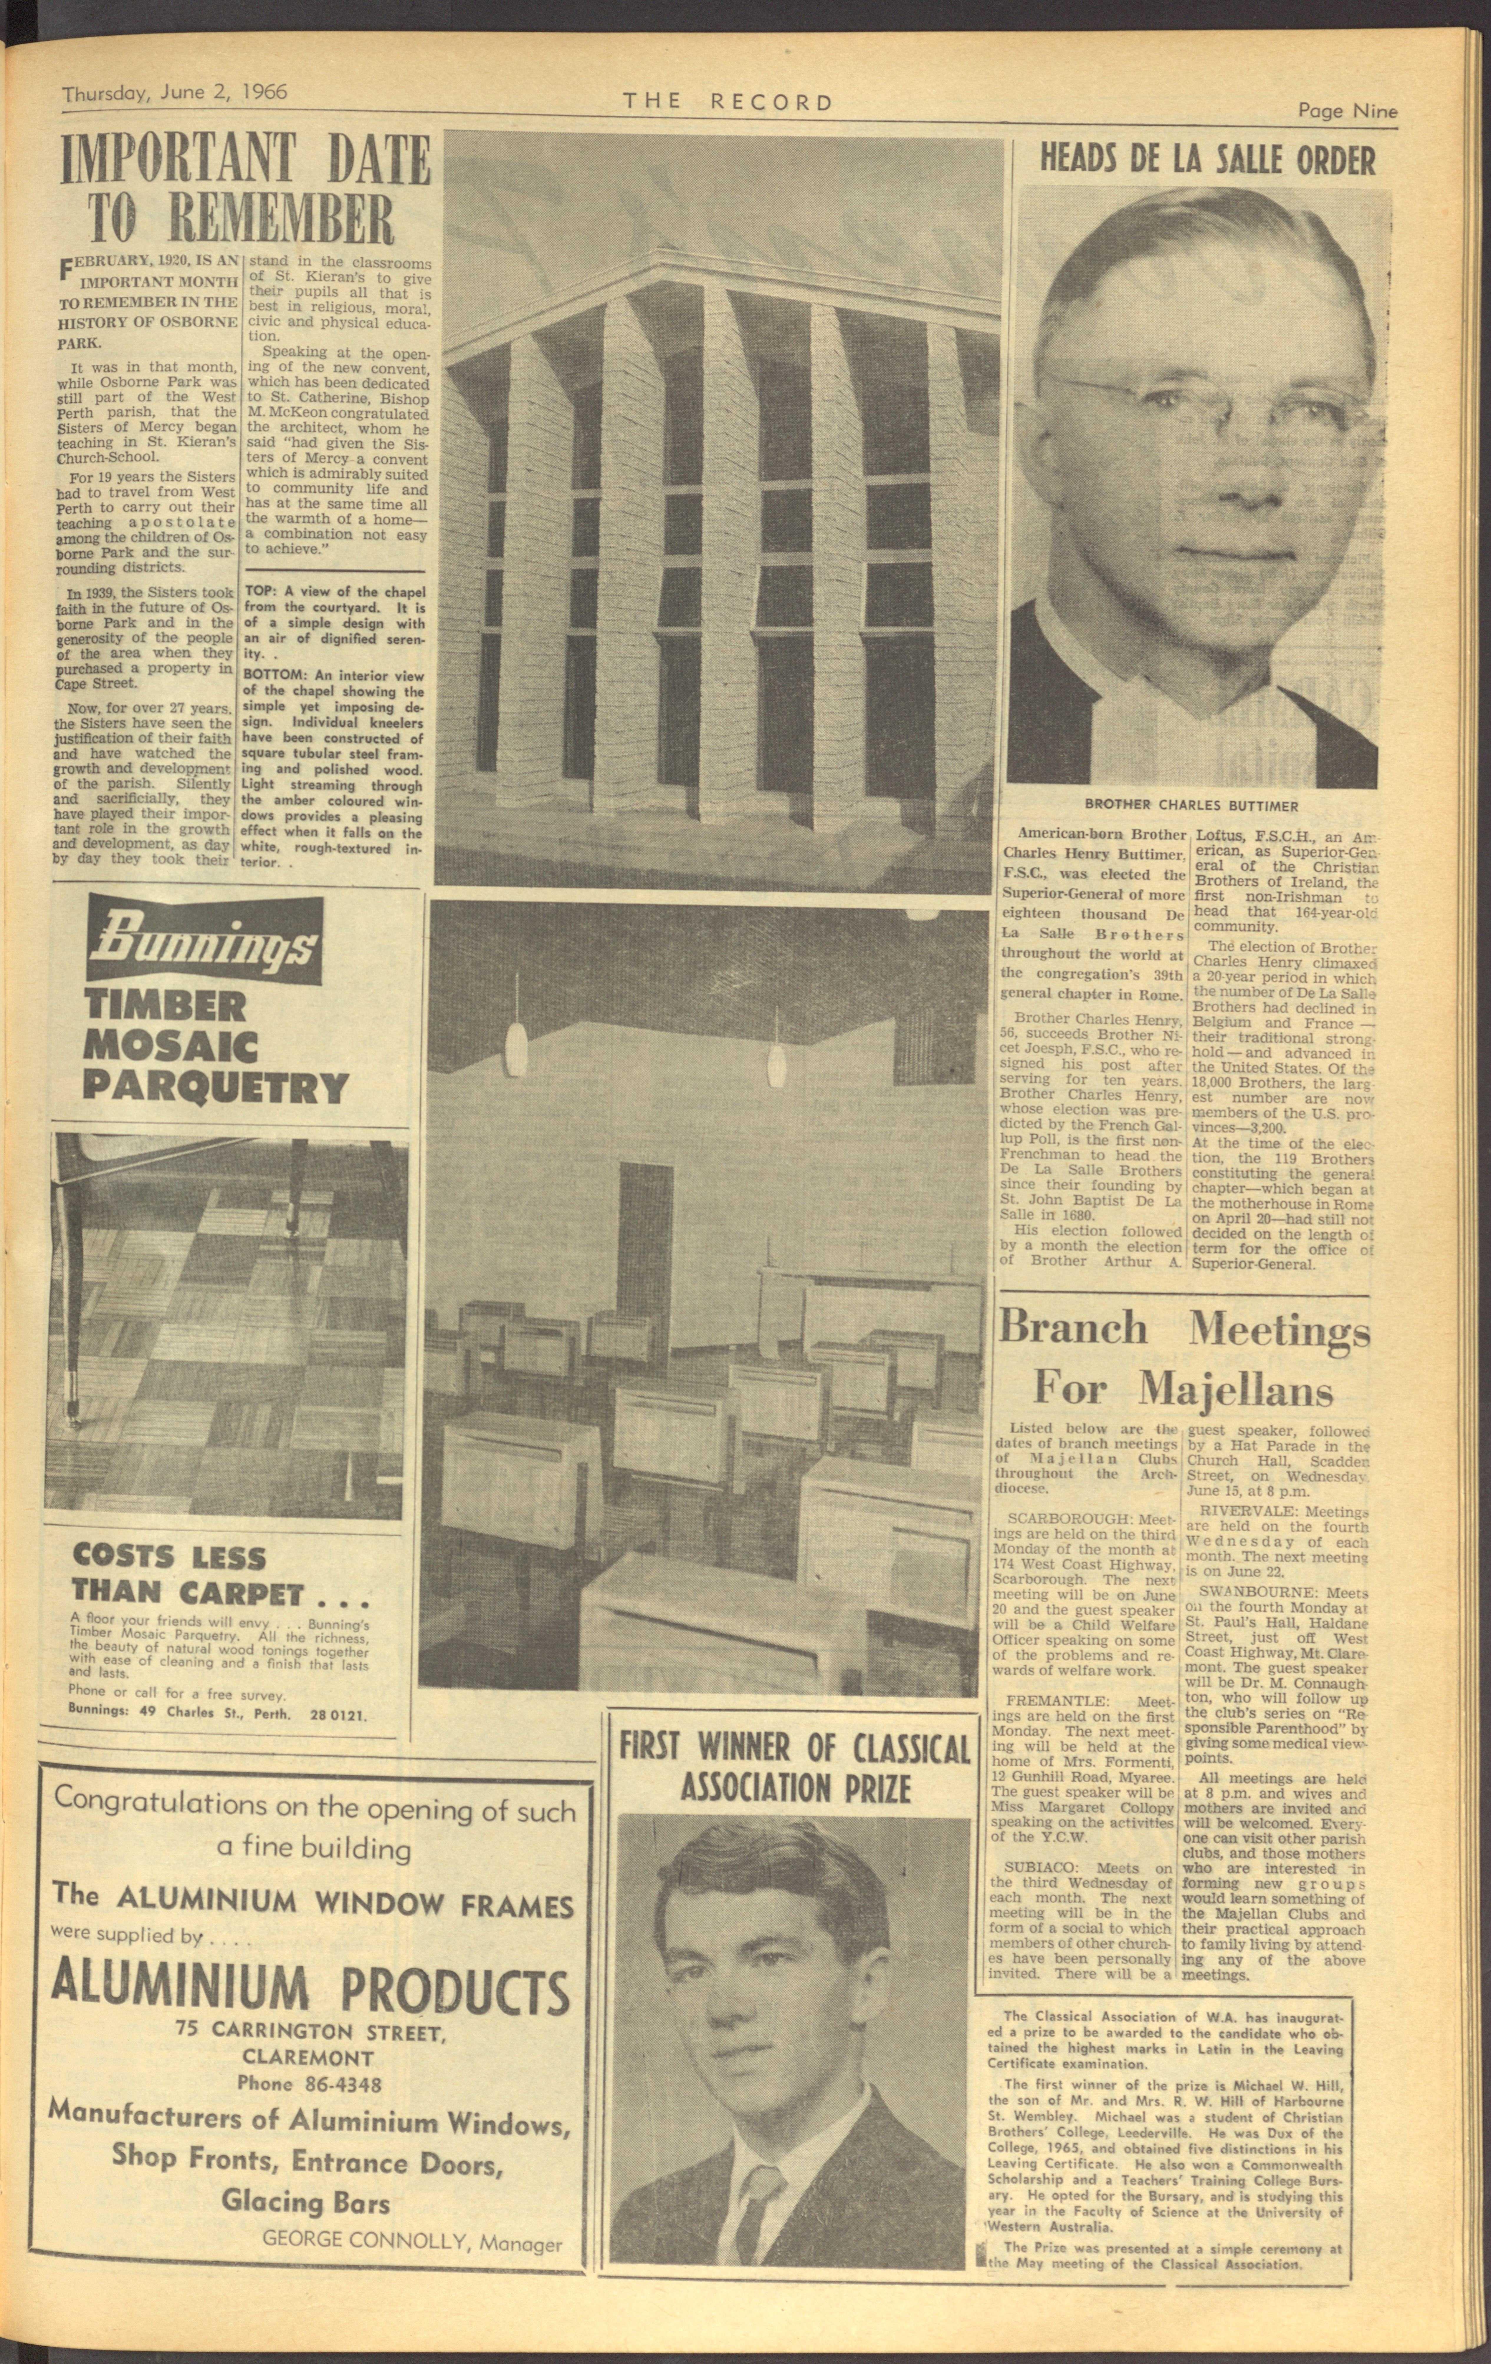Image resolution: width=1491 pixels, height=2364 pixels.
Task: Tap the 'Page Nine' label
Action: [x=1347, y=111]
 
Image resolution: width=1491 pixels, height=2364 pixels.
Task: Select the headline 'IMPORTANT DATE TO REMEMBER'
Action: [x=246, y=190]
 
